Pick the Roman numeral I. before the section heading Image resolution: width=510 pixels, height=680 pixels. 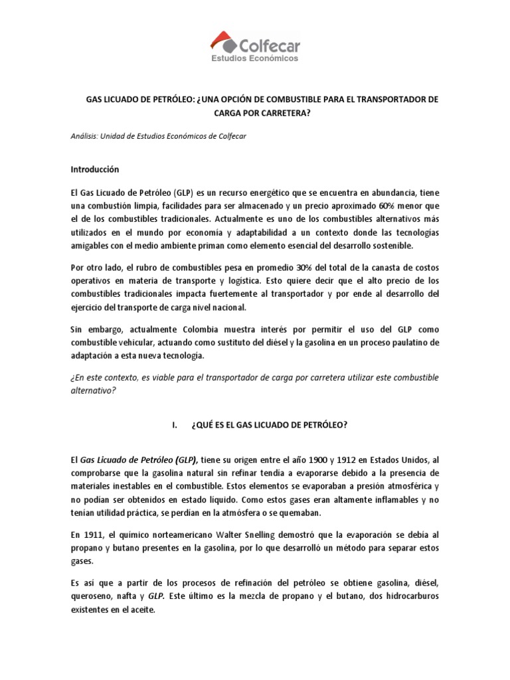[x=175, y=425]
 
